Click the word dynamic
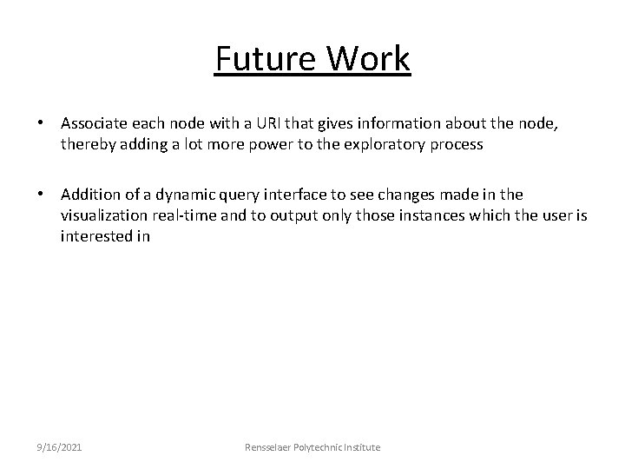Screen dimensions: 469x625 176,195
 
